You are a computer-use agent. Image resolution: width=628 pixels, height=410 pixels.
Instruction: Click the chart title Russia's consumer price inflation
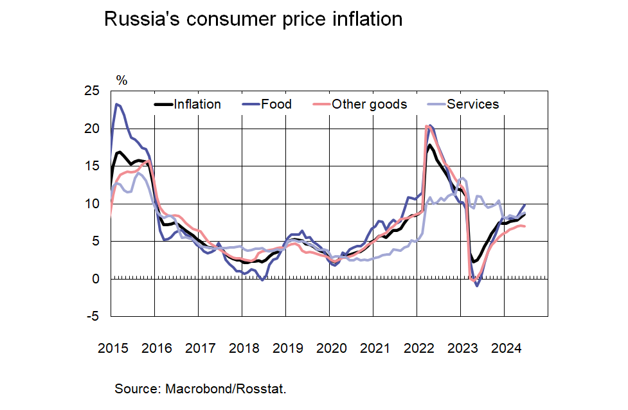pyautogui.click(x=253, y=19)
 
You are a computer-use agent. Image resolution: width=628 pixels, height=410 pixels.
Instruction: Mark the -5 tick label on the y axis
pyautogui.click(x=94, y=317)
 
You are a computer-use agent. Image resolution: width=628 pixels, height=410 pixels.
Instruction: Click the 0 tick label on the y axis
pyautogui.click(x=96, y=279)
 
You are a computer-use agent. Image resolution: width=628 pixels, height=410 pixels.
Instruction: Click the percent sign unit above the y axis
pyautogui.click(x=121, y=80)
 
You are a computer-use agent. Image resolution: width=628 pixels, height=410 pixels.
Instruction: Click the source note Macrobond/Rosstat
pyautogui.click(x=200, y=389)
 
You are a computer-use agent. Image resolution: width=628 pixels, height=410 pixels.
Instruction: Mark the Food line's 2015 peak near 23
pyautogui.click(x=117, y=104)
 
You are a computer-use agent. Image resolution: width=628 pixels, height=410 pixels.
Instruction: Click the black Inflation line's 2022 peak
pyautogui.click(x=429, y=145)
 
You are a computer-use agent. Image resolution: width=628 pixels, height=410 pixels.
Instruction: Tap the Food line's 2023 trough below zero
pyautogui.click(x=477, y=286)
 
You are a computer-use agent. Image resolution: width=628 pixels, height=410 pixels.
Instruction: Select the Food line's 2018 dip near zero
pyautogui.click(x=262, y=280)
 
